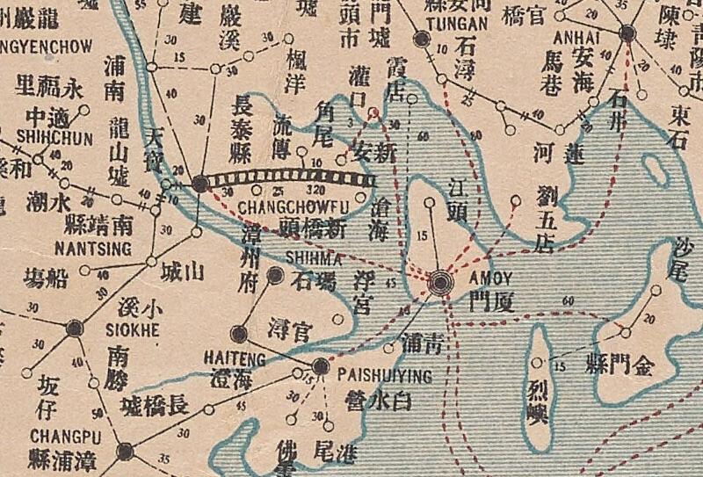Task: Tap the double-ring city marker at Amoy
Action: click(x=441, y=281)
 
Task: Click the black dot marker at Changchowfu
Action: click(x=201, y=184)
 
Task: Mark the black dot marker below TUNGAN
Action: click(x=423, y=39)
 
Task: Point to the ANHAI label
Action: click(x=576, y=39)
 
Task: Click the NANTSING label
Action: click(x=92, y=249)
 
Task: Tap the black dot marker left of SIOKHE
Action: click(x=75, y=328)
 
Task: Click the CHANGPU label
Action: click(x=59, y=435)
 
